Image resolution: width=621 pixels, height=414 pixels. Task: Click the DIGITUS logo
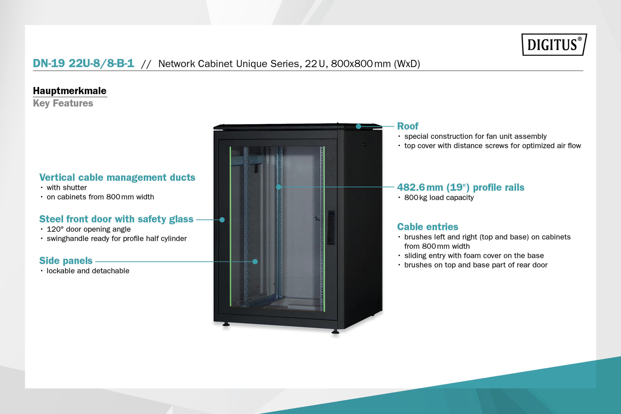[x=554, y=44]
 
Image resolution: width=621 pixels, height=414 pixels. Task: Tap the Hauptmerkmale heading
[x=70, y=91]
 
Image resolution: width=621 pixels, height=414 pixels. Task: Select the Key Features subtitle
[x=63, y=103]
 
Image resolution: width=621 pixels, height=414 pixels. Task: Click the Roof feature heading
[x=408, y=126]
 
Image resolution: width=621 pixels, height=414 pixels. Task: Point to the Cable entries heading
[x=428, y=227]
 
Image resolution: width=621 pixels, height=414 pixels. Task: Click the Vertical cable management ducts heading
[x=117, y=177]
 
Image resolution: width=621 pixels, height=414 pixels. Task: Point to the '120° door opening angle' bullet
[x=89, y=229]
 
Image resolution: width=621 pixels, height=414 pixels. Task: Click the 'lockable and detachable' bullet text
[x=88, y=271]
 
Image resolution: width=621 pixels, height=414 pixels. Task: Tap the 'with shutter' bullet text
[x=67, y=187]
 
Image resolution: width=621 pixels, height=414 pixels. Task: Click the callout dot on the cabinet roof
[x=358, y=126]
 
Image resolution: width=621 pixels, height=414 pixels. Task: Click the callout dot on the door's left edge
[x=222, y=220]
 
